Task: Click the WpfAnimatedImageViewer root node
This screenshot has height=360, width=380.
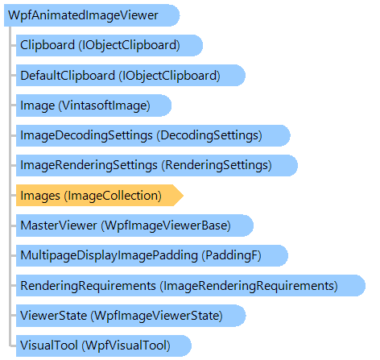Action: point(92,15)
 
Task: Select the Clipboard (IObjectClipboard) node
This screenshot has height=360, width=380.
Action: point(109,45)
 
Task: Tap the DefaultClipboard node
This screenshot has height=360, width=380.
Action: point(130,76)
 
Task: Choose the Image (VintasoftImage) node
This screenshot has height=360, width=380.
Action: point(93,106)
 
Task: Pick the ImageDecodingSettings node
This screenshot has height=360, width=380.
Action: point(153,135)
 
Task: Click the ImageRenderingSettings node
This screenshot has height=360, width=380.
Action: point(157,165)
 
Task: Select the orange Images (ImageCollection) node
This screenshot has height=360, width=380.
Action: point(100,196)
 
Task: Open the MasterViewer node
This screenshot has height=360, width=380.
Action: point(134,226)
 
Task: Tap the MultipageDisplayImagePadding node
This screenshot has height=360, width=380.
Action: point(152,255)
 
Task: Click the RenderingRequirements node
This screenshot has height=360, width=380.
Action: point(191,286)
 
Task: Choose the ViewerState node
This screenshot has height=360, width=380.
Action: point(131,316)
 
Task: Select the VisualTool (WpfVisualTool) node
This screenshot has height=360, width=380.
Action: point(104,346)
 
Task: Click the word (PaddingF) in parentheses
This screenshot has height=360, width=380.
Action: point(232,255)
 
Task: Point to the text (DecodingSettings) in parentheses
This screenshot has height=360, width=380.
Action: point(209,135)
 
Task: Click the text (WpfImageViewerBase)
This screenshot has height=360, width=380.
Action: point(166,226)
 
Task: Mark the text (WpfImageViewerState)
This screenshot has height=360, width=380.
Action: point(157,316)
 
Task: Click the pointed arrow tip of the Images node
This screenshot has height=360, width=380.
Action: point(184,196)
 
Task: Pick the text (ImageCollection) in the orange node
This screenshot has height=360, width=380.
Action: point(113,196)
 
